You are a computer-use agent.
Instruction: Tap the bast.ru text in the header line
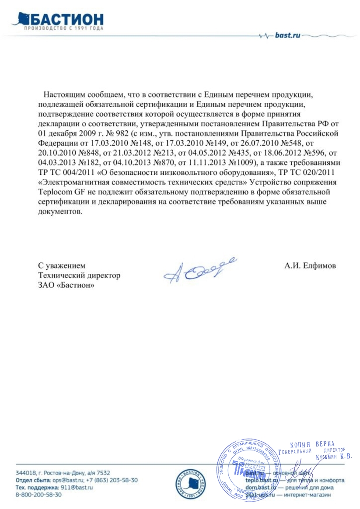coord(287,36)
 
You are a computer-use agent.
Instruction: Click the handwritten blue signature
coord(199,267)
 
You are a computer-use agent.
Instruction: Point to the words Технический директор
coord(79,275)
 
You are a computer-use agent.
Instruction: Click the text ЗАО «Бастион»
coord(67,285)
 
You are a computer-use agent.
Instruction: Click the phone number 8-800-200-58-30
coord(38,495)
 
